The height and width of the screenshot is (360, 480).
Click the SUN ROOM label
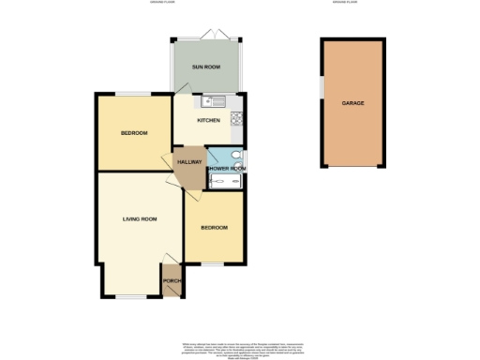point(204,67)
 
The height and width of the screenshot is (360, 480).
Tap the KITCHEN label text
point(208,121)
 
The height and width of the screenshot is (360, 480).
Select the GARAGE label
point(352,103)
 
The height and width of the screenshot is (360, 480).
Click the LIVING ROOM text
point(140,218)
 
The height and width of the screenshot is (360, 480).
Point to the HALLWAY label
point(188,162)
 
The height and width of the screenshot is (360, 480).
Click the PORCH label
point(172,280)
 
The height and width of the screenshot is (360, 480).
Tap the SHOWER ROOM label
point(226,169)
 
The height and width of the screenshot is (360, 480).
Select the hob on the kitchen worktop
point(238,119)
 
